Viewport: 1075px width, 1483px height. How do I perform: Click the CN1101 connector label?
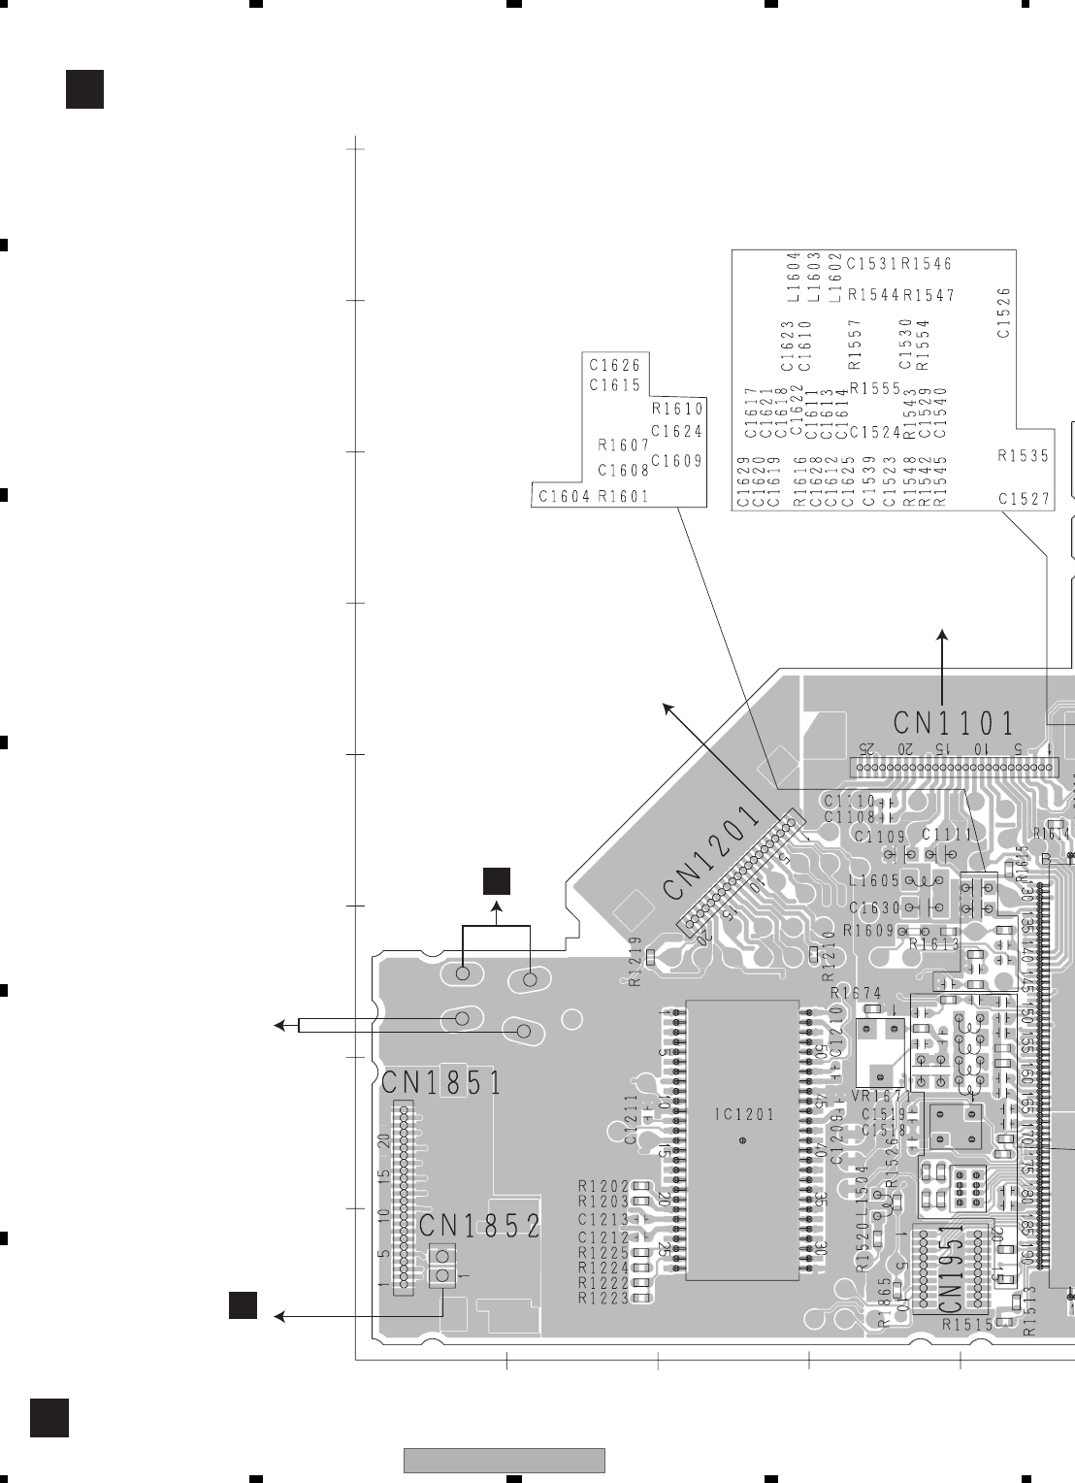[954, 724]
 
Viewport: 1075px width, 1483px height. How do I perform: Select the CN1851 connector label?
[441, 1082]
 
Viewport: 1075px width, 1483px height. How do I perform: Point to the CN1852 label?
[479, 1227]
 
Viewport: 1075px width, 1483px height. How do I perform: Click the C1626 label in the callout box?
[615, 366]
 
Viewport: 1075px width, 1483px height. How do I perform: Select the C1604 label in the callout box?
[564, 497]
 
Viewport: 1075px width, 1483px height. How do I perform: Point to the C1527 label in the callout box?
[1024, 499]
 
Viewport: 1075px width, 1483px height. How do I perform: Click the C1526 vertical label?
[1004, 312]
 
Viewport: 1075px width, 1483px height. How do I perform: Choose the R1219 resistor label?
[635, 961]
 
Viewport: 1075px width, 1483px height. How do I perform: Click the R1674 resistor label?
[857, 993]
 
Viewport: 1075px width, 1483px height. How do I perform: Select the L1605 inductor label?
[873, 881]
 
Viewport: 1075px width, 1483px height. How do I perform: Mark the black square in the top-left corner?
[84, 89]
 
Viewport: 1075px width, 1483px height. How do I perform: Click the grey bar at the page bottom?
[505, 1460]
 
